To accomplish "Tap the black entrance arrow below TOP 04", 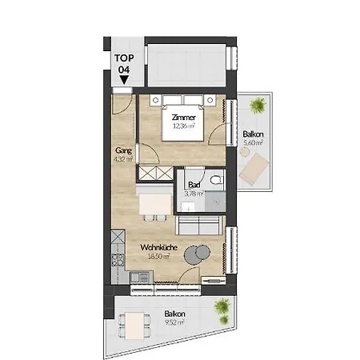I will pos(124,80).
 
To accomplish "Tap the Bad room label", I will pos(192,184).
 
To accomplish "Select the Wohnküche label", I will pos(159,248).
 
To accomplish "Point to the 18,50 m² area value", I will pos(159,257).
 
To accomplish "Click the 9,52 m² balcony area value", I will pos(174,322).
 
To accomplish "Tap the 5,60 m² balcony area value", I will pos(253,143).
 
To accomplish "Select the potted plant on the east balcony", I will pos(258,105).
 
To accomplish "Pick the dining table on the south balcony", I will pos(134,325).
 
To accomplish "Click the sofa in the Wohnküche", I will pos(197,225).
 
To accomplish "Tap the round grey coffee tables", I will pos(194,255).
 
